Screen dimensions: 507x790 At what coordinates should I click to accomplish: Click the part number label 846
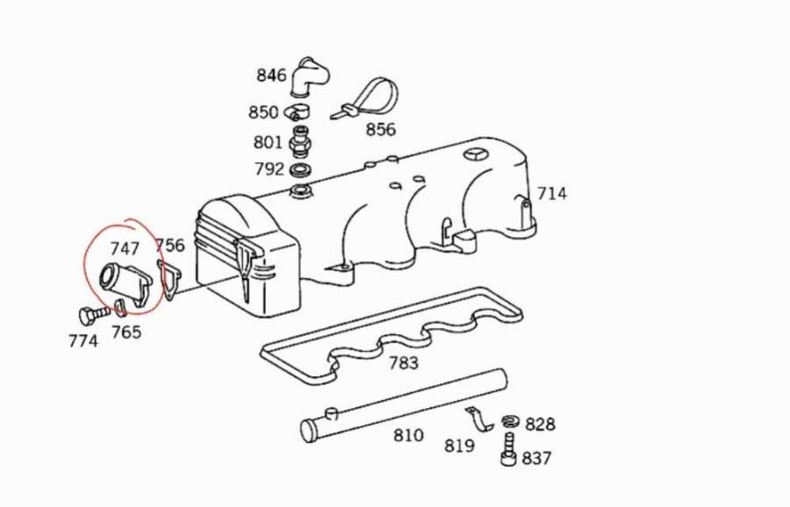point(271,75)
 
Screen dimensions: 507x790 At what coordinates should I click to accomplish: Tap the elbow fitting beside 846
point(306,77)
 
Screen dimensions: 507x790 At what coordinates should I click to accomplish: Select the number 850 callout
point(263,112)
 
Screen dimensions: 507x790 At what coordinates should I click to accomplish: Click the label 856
point(380,130)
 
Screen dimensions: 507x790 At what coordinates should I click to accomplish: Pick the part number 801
point(268,141)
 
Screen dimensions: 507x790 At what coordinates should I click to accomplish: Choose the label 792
point(269,168)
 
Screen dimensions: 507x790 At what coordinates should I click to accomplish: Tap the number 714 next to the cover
point(552,194)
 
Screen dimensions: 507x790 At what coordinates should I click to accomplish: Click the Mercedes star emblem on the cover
point(475,156)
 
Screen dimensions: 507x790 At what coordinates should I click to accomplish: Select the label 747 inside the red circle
point(125,250)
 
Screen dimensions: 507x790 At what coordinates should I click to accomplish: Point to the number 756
point(169,246)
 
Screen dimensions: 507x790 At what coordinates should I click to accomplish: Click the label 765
point(126,332)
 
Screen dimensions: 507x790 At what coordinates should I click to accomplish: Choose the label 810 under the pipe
point(408,435)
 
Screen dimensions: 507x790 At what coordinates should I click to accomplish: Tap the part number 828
point(540,425)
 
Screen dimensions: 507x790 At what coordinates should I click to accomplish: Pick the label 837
point(536,458)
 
